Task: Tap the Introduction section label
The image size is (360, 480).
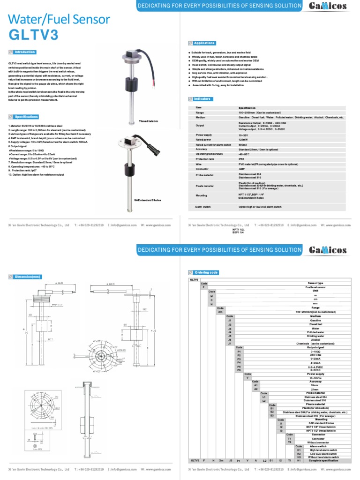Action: [x=24, y=52]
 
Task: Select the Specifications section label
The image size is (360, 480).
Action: [x=26, y=117]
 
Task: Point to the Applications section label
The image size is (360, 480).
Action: [x=204, y=43]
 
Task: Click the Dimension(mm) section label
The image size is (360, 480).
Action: [x=28, y=277]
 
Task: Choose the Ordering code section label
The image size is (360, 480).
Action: [x=206, y=272]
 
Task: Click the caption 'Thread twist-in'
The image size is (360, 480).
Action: [x=149, y=121]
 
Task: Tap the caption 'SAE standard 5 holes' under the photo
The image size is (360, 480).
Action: [x=148, y=200]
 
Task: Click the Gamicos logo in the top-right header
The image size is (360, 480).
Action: [x=328, y=6]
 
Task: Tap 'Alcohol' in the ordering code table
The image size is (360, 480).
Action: [x=315, y=340]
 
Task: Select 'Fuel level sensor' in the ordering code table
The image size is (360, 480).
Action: [x=315, y=287]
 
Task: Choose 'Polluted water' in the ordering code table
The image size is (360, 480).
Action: [x=315, y=332]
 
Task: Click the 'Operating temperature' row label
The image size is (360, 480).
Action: [x=209, y=154]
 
